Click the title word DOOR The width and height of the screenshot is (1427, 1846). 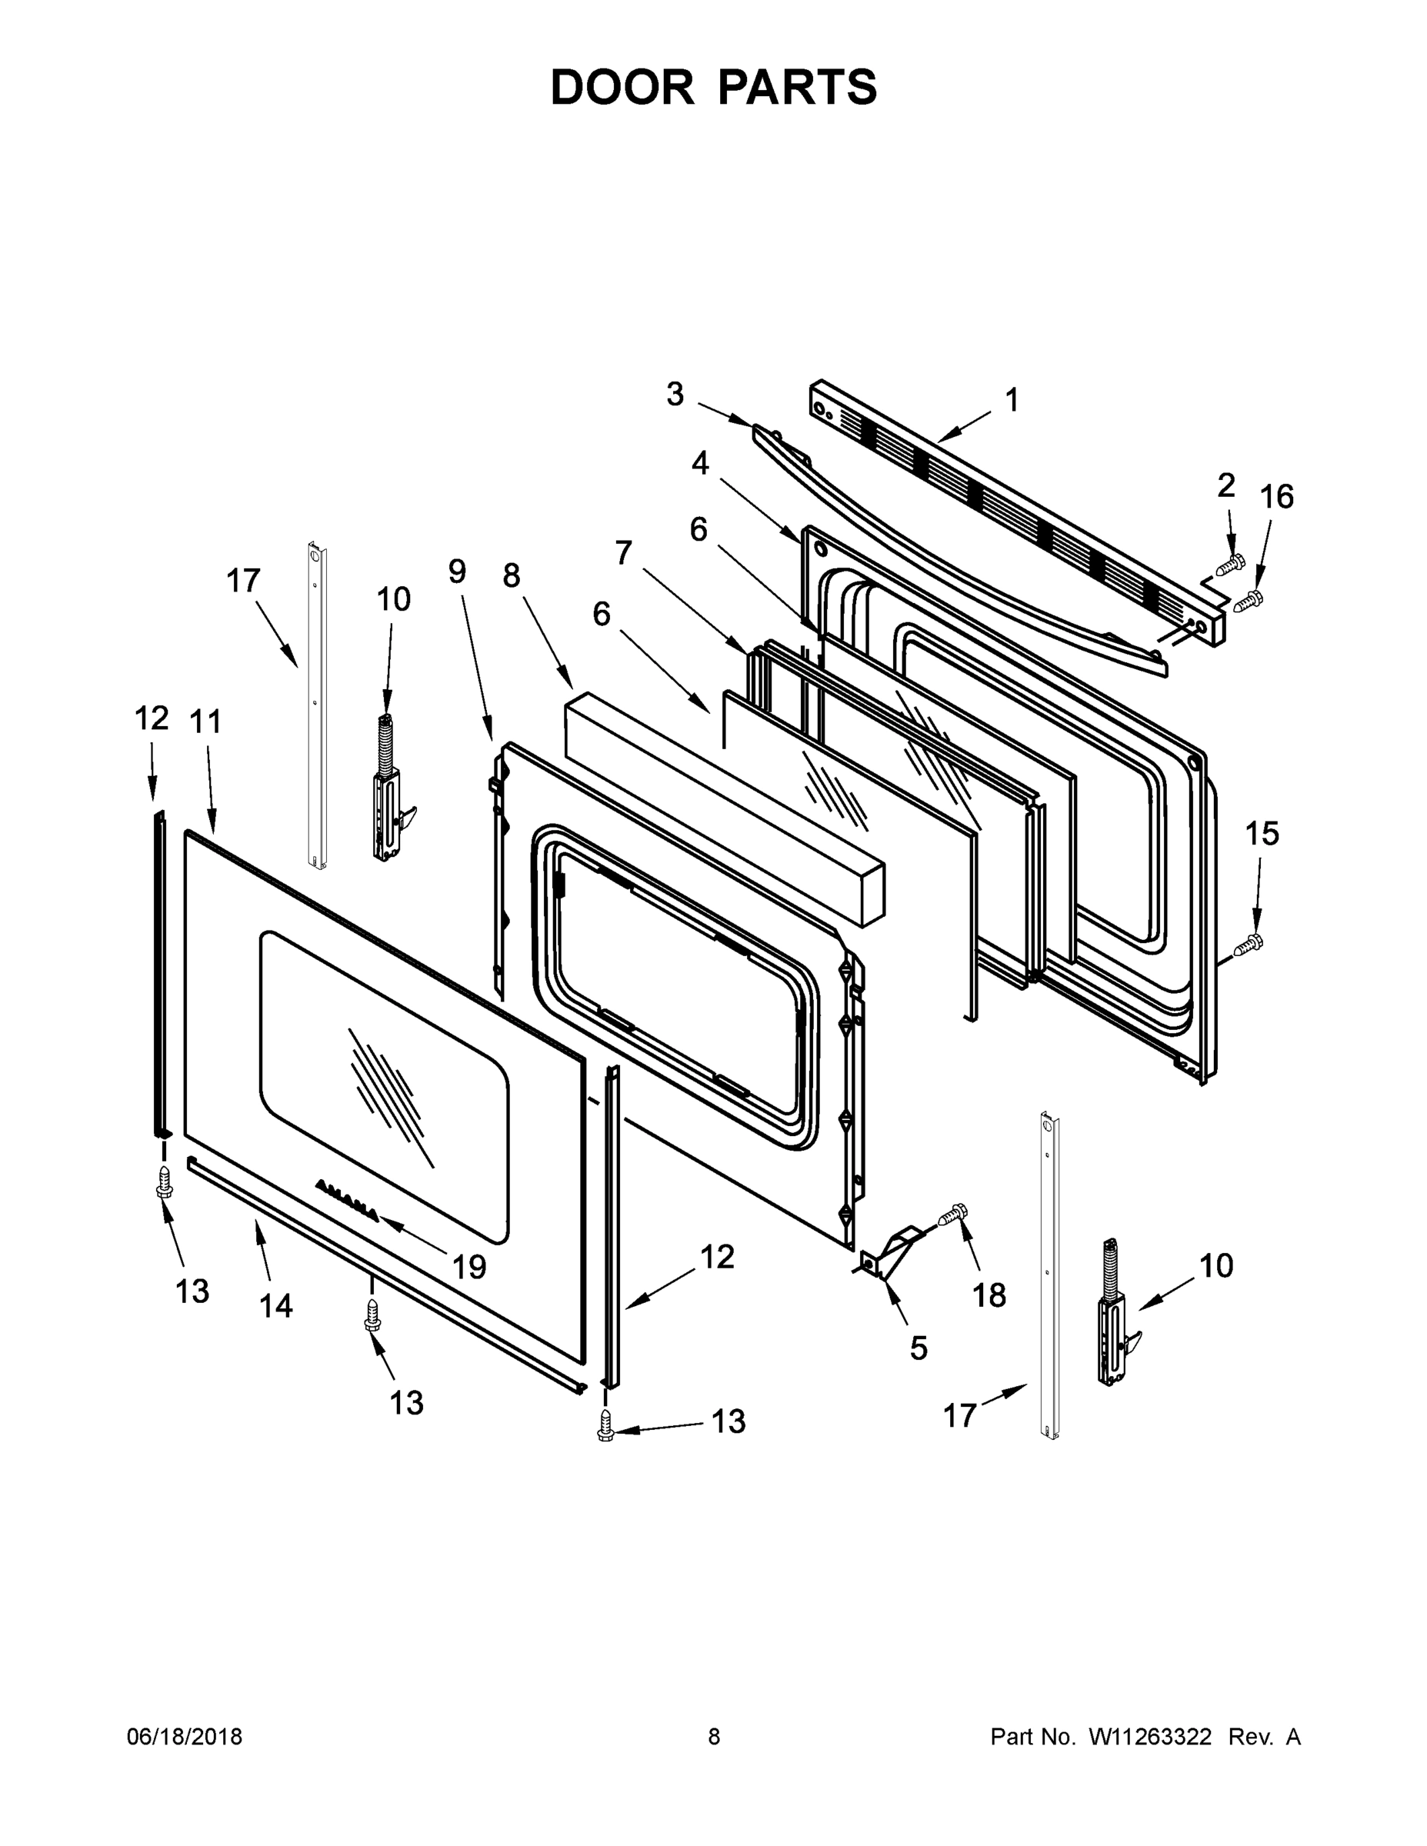tap(622, 87)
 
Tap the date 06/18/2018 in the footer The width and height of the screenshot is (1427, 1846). tap(185, 1736)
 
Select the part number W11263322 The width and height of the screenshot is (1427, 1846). tap(1150, 1736)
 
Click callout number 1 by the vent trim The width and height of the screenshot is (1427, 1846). tap(1012, 400)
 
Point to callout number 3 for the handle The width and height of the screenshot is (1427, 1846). tap(675, 394)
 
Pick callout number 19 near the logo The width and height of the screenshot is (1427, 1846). tap(468, 1267)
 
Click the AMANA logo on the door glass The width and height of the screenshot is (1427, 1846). tap(348, 1200)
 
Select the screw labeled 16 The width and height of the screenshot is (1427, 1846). tap(1249, 601)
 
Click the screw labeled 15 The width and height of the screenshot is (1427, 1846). tap(1246, 945)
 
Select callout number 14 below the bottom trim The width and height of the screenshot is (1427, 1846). tap(275, 1306)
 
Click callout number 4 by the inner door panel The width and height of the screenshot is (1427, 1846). tap(700, 463)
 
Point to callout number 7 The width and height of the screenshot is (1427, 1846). tap(623, 553)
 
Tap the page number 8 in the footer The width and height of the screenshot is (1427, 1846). tap(714, 1736)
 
